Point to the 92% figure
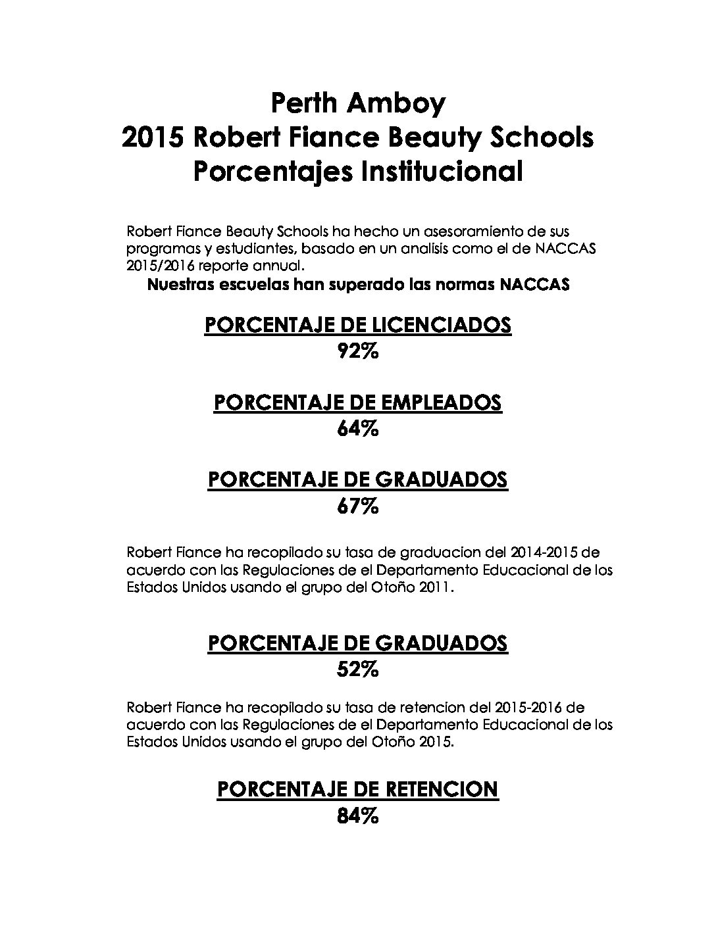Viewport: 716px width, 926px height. [x=357, y=351]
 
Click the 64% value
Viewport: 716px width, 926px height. [x=357, y=429]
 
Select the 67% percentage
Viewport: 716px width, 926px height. [x=357, y=506]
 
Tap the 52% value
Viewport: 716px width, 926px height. [x=357, y=670]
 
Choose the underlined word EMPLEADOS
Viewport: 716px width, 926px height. [x=438, y=402]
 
